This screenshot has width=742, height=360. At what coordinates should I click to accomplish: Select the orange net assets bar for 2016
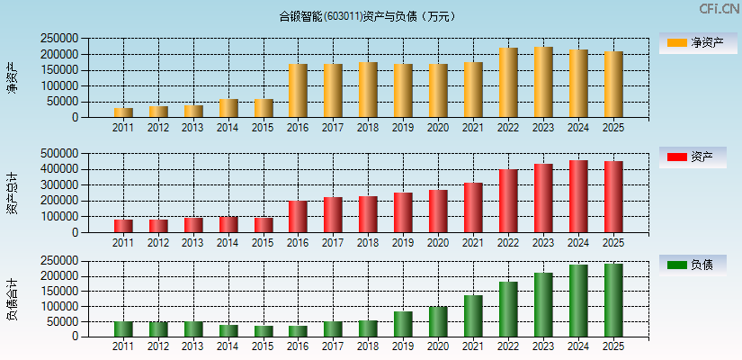point(298,91)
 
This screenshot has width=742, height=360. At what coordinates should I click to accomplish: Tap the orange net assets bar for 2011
point(122,112)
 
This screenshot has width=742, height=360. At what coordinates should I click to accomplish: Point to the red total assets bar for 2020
point(438,211)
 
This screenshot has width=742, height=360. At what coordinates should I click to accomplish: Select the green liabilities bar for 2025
point(613,301)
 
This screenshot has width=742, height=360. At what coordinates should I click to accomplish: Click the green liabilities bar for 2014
point(228,331)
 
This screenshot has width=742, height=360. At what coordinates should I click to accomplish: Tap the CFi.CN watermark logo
point(720,9)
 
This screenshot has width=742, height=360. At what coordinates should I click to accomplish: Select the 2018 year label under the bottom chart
point(368,346)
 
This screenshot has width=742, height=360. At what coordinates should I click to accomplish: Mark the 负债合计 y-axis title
point(12,299)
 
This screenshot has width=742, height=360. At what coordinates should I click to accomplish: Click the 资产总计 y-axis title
point(12,193)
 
